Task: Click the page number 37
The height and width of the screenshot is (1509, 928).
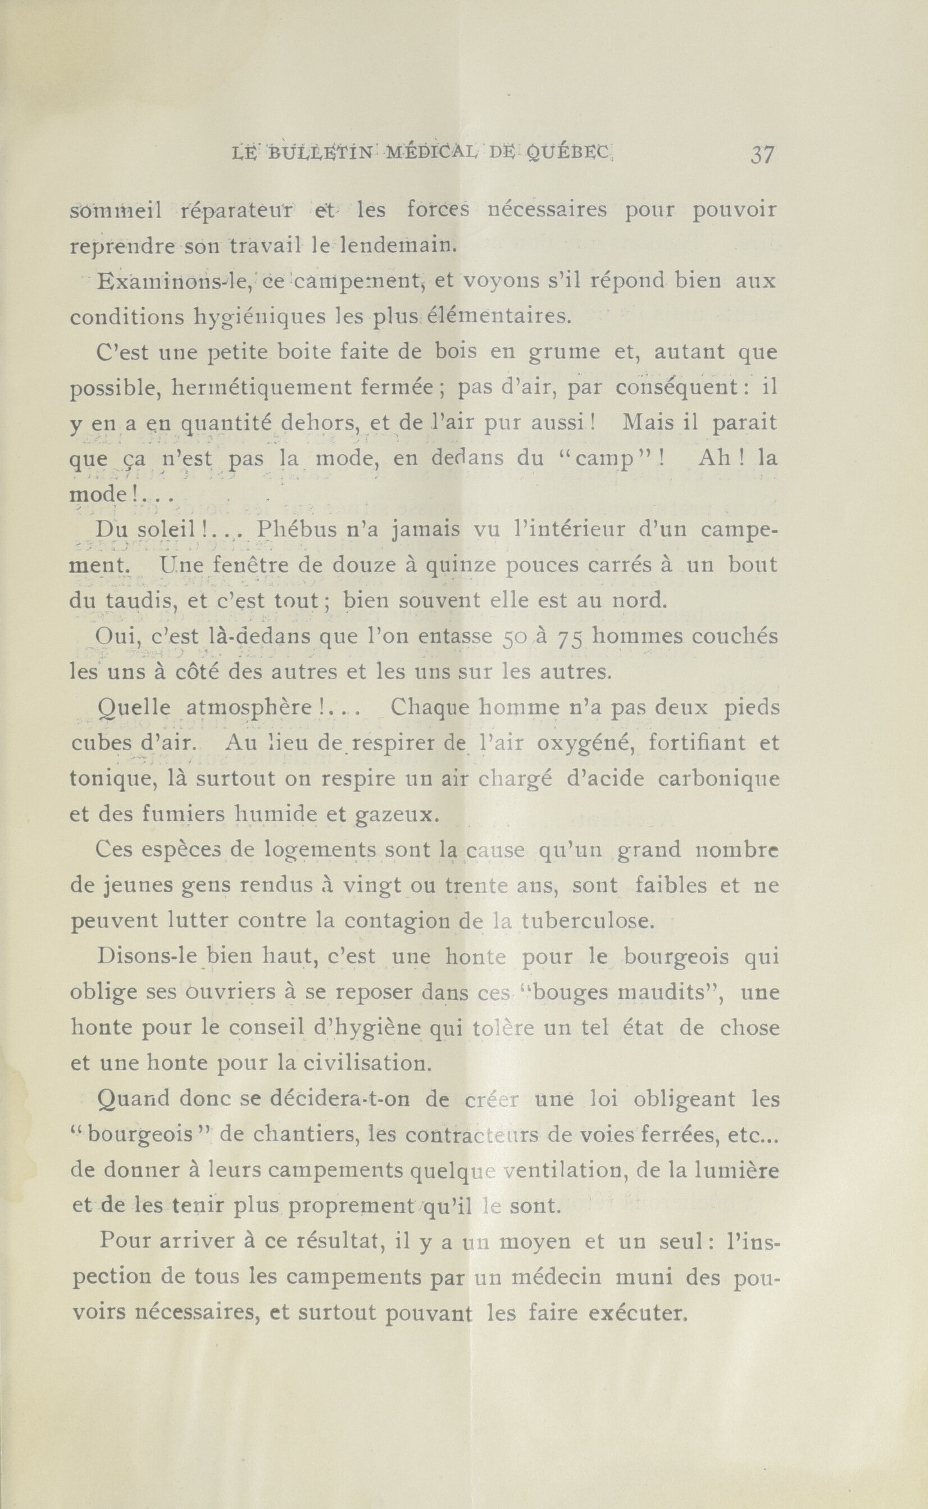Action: coord(762,154)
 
